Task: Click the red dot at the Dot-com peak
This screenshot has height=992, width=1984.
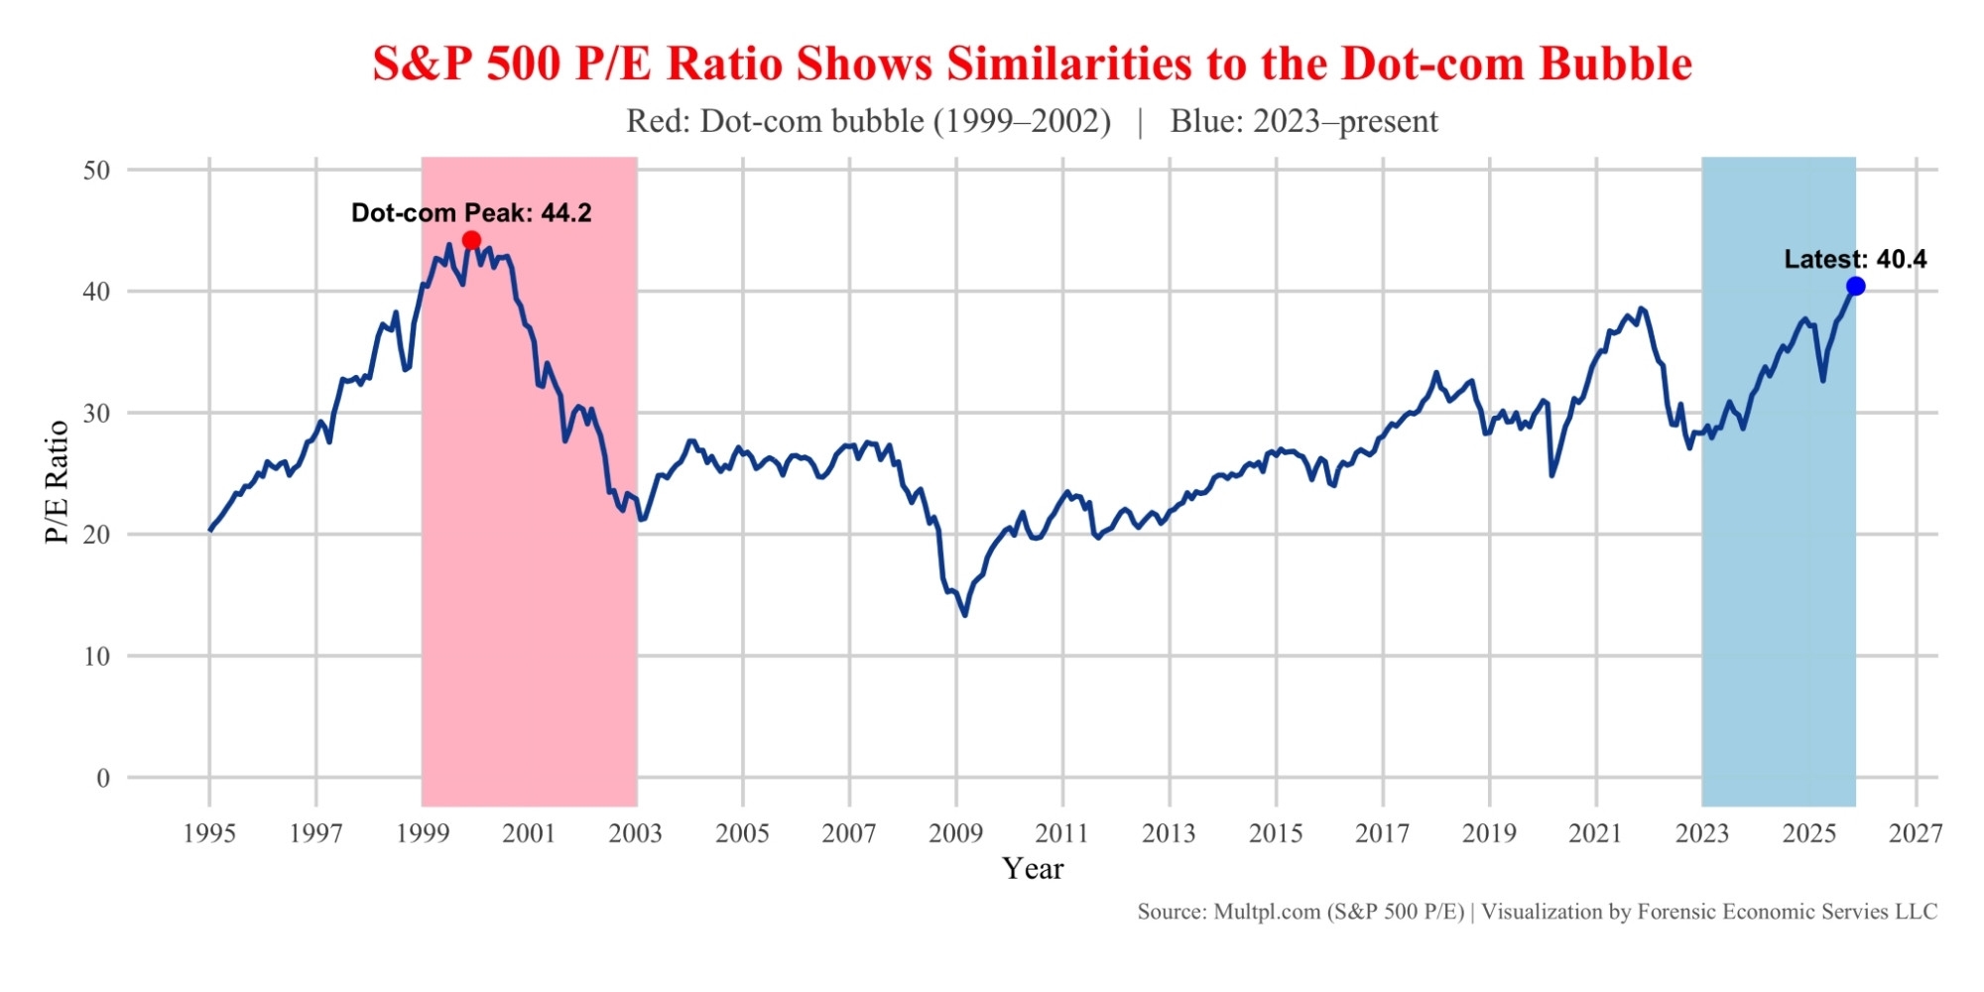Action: tap(471, 240)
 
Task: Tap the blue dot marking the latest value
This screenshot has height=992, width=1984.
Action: tap(1855, 287)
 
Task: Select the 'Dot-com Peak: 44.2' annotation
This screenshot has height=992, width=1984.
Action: tap(471, 213)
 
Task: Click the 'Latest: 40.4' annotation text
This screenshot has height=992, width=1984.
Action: tap(1855, 260)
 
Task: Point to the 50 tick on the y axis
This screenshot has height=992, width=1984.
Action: tap(96, 170)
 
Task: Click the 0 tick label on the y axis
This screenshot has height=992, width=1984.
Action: tap(103, 778)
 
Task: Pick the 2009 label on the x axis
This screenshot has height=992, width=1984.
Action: tap(955, 833)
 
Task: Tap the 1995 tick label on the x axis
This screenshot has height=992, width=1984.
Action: tap(209, 833)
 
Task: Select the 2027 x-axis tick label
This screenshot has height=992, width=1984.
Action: tap(1916, 833)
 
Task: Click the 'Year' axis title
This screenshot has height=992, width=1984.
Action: tap(1033, 869)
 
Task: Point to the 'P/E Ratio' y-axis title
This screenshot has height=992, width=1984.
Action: tap(58, 482)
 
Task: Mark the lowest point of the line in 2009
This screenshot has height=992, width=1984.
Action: tap(964, 615)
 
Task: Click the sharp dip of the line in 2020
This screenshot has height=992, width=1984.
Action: tap(1551, 475)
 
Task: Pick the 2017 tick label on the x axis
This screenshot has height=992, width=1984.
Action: tap(1382, 833)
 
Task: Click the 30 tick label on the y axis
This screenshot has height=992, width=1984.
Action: tap(96, 413)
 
